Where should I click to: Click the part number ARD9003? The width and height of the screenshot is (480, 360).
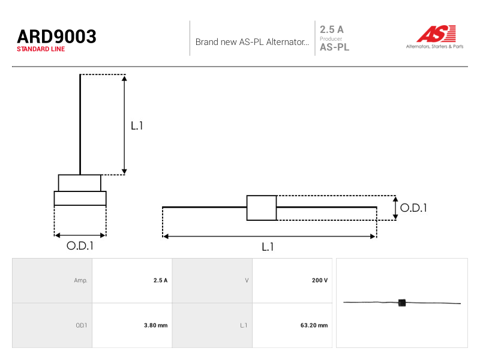(56, 37)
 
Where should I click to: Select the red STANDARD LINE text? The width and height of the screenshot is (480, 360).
(41, 49)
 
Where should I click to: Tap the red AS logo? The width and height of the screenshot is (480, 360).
(436, 34)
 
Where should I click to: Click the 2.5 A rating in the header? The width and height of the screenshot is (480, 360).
(332, 29)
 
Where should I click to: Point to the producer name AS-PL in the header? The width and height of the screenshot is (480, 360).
(334, 47)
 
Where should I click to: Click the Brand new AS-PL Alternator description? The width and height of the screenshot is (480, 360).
(252, 42)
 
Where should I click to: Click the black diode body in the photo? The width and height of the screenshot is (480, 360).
(402, 303)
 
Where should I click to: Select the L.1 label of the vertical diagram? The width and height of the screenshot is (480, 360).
(137, 125)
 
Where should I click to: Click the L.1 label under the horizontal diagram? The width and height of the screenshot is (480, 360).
(268, 247)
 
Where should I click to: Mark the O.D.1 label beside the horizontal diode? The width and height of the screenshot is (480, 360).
(413, 208)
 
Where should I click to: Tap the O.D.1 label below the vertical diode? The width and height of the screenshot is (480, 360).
(80, 246)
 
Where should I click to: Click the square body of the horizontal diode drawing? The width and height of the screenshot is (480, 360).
(262, 208)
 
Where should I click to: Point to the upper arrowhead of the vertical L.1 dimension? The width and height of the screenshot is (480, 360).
(124, 79)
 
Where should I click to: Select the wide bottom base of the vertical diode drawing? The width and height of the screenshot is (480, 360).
(80, 199)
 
